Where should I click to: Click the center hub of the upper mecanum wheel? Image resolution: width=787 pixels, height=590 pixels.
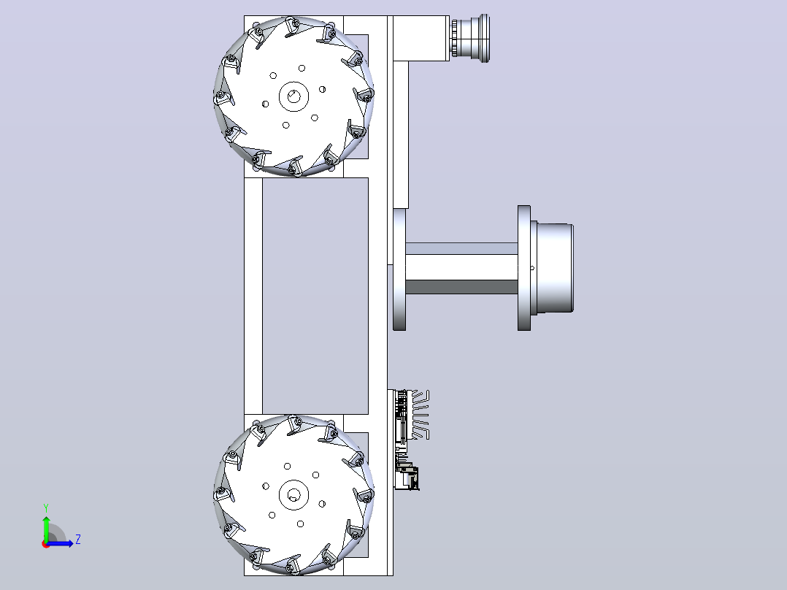pyautogui.click(x=293, y=96)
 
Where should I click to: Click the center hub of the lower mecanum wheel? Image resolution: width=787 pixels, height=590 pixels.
pyautogui.click(x=293, y=494)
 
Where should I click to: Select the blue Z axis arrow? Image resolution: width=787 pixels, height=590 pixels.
pyautogui.click(x=60, y=543)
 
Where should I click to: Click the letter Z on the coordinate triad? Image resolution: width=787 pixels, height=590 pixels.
pyautogui.click(x=78, y=540)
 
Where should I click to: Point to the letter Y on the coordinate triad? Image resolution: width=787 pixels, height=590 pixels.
pyautogui.click(x=46, y=508)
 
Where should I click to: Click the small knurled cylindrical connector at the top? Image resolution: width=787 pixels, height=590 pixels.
pyautogui.click(x=470, y=38)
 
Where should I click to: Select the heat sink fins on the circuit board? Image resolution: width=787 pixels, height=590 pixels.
pyautogui.click(x=421, y=415)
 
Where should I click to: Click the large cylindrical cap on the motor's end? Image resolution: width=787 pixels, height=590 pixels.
pyautogui.click(x=555, y=268)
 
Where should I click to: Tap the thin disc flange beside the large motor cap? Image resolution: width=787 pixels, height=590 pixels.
pyautogui.click(x=524, y=268)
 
